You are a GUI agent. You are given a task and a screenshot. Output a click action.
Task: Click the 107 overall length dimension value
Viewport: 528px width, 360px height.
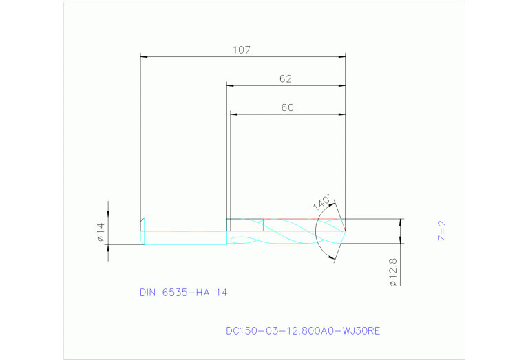[242, 50]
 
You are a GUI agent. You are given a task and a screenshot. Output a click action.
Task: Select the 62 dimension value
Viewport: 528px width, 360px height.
[286, 79]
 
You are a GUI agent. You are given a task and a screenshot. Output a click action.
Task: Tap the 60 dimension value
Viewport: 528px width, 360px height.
[287, 107]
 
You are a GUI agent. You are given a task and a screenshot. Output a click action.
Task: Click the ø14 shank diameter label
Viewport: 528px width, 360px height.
[100, 232]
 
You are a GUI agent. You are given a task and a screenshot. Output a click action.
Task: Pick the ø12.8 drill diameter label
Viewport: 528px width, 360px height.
[393, 273]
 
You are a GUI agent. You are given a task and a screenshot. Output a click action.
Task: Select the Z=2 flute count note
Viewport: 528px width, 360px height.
[443, 230]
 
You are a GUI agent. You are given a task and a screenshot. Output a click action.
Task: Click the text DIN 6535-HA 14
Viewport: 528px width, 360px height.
[183, 293]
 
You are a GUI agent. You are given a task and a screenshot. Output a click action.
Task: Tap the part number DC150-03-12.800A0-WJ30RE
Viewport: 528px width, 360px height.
[303, 331]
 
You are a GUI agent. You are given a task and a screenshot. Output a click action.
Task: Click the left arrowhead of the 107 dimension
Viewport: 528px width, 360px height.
[144, 56]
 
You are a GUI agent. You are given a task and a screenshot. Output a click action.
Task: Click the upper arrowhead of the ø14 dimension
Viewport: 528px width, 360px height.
[108, 214]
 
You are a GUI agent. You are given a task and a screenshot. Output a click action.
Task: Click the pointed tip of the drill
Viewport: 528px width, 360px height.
[345, 231]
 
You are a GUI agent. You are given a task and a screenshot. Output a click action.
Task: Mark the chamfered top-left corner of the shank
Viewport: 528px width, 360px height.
[142, 220]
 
